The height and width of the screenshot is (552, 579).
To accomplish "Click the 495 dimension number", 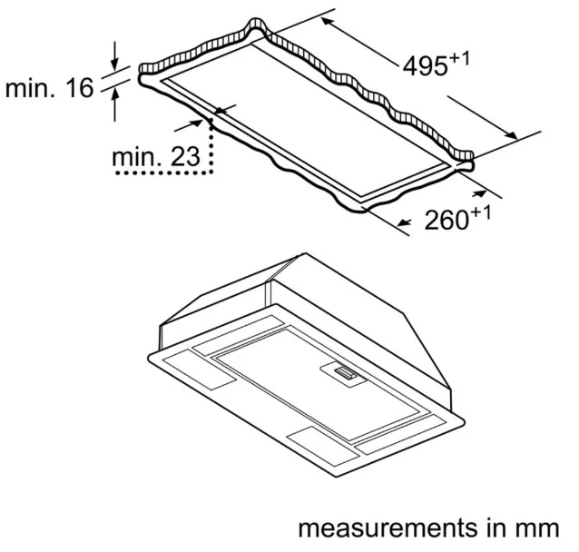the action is tap(425, 66).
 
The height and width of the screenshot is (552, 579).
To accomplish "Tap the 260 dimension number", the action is tap(447, 221).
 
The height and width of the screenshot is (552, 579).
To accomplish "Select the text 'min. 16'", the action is tap(50, 88).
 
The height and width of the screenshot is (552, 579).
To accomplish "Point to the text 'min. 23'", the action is tap(156, 157).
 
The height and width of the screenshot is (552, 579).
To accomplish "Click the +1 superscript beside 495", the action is tap(459, 59).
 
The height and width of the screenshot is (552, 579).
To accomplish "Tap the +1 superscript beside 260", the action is tap(480, 213).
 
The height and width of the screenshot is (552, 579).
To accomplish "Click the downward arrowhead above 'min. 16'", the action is tap(115, 64).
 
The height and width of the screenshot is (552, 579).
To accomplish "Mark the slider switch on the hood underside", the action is tap(345, 373).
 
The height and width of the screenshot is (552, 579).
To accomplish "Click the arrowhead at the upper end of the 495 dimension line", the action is tap(328, 22).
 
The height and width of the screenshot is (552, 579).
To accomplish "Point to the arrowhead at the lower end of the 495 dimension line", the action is tap(512, 135).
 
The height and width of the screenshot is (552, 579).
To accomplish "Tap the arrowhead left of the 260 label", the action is tap(405, 222).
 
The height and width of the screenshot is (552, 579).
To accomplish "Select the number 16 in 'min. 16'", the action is tap(80, 88).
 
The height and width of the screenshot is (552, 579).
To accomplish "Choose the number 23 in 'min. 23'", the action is tap(186, 157).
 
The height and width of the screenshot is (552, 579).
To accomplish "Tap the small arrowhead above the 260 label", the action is tap(479, 193).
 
